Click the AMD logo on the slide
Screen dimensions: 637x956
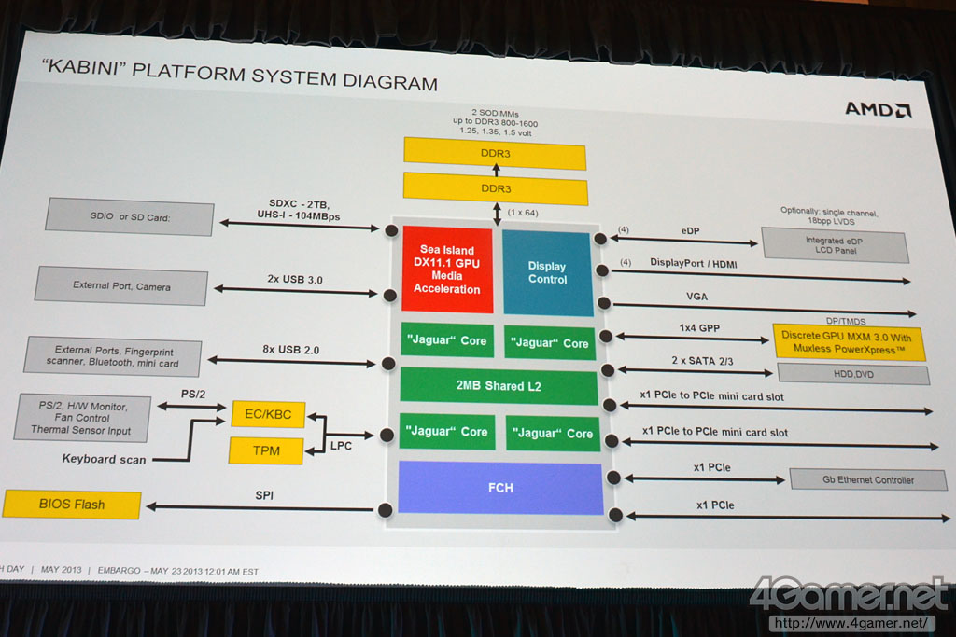[878, 109]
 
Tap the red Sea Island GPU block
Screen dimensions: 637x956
[446, 270]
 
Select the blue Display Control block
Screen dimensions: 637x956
[547, 272]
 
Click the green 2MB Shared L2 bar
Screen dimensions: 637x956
[499, 386]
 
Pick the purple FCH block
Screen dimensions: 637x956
[499, 488]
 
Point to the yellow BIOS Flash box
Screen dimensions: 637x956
[72, 505]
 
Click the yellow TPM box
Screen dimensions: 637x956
[266, 451]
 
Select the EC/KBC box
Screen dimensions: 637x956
[268, 413]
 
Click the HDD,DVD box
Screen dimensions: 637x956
[852, 374]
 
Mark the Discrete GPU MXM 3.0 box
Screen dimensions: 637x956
[849, 342]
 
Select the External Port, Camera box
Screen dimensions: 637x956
[121, 286]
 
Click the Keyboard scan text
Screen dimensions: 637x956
[104, 459]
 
